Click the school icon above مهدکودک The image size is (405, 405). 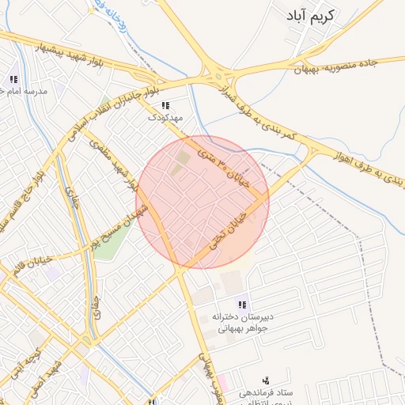click(165, 105)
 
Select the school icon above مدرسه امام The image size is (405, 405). click(13, 79)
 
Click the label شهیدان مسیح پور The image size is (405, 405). click(118, 226)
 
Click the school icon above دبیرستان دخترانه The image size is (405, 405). click(242, 305)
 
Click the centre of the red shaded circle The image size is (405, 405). click(202, 202)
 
